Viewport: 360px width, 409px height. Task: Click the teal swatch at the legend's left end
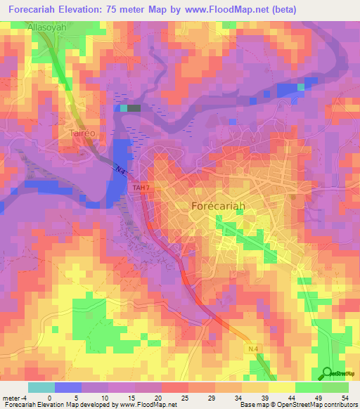point(41,387)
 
